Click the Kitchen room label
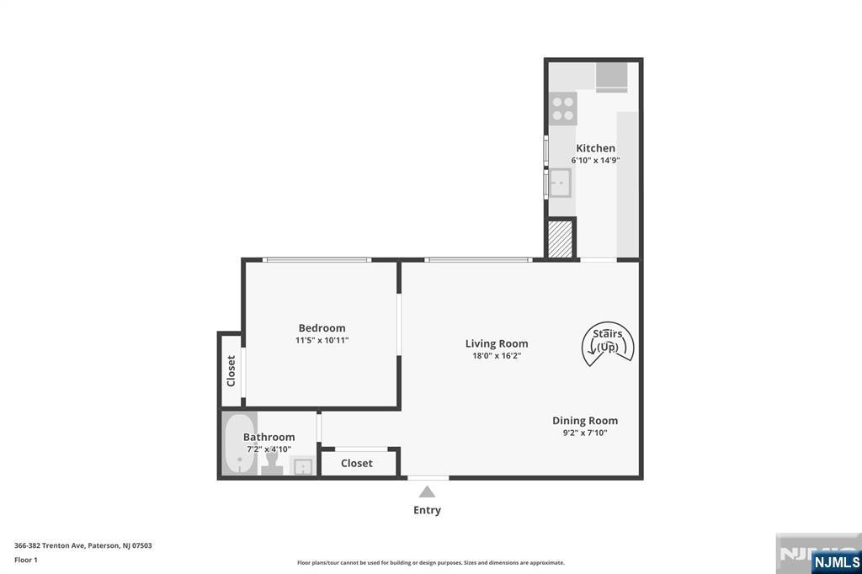[x=595, y=148]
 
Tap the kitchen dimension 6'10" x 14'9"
[x=595, y=161]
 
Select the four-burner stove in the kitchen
[x=563, y=109]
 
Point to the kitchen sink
[x=560, y=183]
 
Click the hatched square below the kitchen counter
[x=560, y=239]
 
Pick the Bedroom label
[x=322, y=328]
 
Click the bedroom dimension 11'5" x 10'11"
[x=322, y=340]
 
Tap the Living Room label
[x=497, y=343]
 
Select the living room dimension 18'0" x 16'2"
[x=497, y=356]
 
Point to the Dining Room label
[x=585, y=421]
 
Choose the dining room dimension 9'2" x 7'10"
[x=585, y=433]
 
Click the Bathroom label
[x=269, y=437]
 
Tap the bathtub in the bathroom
[x=239, y=444]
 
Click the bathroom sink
[x=302, y=466]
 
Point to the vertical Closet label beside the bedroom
[x=231, y=370]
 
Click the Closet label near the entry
[x=357, y=464]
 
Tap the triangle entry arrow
[x=427, y=492]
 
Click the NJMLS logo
[x=836, y=562]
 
